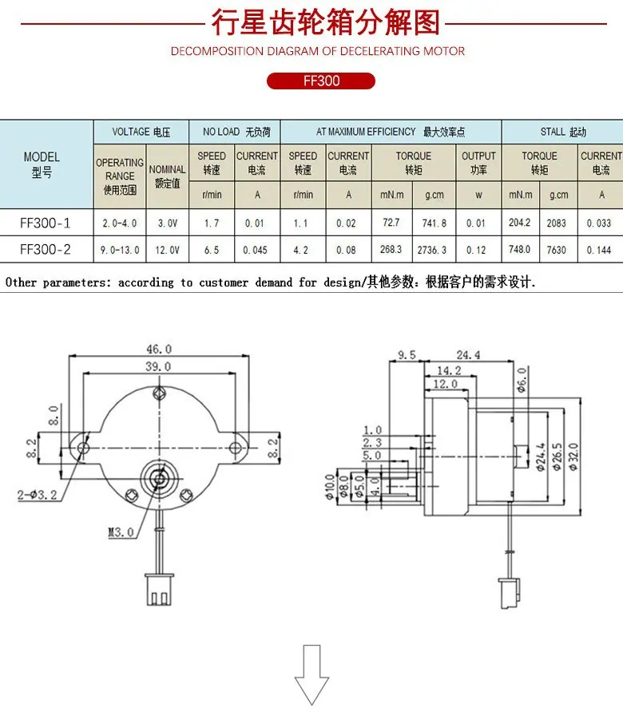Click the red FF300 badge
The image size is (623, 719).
321,81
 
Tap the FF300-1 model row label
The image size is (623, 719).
46,223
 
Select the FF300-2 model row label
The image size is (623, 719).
46,250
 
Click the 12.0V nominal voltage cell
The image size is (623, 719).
167,250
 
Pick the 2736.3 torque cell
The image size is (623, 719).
431,250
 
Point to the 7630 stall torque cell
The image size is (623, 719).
556,250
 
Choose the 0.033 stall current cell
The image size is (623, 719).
599,223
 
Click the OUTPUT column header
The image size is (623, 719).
478,163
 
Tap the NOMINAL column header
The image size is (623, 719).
167,176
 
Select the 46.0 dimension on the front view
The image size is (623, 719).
159,349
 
